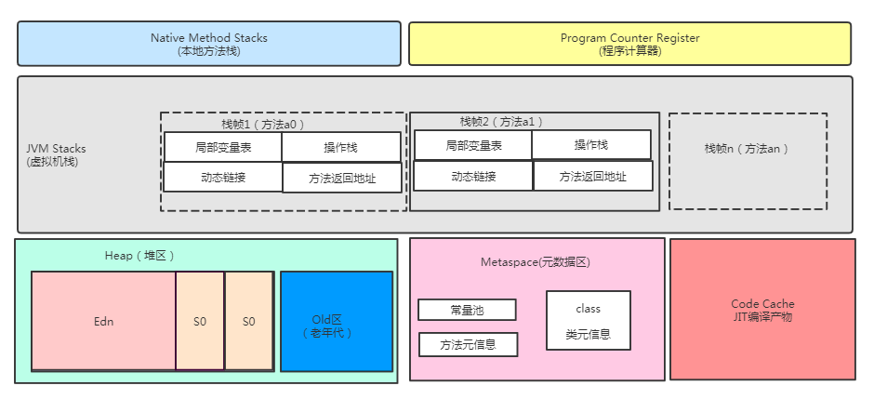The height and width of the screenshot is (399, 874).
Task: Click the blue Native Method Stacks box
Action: pos(209,44)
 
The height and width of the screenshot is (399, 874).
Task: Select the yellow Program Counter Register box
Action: pos(629,44)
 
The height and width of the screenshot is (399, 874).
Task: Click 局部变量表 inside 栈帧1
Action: pos(223,147)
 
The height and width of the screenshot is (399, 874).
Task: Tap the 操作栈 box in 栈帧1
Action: pos(341,147)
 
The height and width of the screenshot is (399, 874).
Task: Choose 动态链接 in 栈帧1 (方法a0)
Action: pos(223,177)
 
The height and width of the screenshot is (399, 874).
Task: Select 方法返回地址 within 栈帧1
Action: pos(342,178)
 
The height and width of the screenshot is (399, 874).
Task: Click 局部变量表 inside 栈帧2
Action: pos(473,145)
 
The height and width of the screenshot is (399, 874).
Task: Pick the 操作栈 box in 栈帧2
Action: pos(591,144)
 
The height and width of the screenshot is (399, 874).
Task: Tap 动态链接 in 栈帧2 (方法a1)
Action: pos(473,176)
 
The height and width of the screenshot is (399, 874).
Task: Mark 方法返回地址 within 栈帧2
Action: pos(592,176)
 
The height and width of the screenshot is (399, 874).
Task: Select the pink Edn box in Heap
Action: pos(103,321)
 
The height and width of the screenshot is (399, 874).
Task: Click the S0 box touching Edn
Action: pos(200,321)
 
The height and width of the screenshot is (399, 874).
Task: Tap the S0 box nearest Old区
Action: pos(249,321)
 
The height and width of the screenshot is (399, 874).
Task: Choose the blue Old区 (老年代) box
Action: pos(337,321)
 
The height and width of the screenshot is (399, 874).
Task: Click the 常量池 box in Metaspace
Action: pos(467,310)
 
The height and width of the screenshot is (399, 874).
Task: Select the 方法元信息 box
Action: pos(468,344)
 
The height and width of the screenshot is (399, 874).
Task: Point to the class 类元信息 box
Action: pos(588,321)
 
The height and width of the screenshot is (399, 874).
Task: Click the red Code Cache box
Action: pos(762,310)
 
